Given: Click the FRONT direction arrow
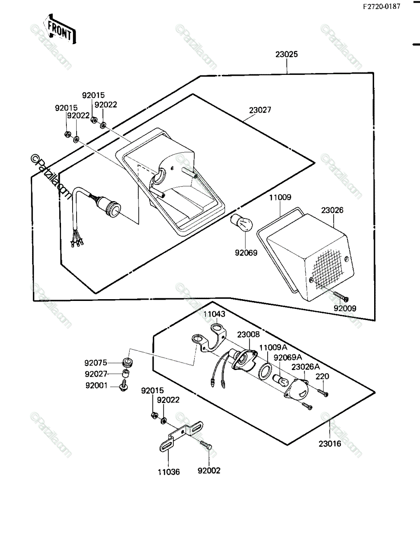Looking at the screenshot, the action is [60, 29].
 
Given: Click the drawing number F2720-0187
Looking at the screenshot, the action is [382, 7].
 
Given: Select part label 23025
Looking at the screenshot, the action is [286, 54].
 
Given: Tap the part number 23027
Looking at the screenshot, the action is [260, 110].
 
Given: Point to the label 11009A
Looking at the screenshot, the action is [273, 347].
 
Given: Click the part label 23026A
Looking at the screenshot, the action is [306, 374].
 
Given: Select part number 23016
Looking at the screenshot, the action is [330, 444].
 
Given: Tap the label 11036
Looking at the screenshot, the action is [169, 472].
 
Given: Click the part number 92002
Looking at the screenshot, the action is [209, 470].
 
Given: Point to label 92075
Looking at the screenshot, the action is [96, 362].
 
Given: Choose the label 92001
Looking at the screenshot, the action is [97, 385].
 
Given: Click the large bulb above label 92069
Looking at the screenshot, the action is [241, 223].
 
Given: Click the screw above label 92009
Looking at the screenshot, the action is [341, 296].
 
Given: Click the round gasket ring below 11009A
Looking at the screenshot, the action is [265, 371].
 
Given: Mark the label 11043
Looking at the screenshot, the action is [214, 314].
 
